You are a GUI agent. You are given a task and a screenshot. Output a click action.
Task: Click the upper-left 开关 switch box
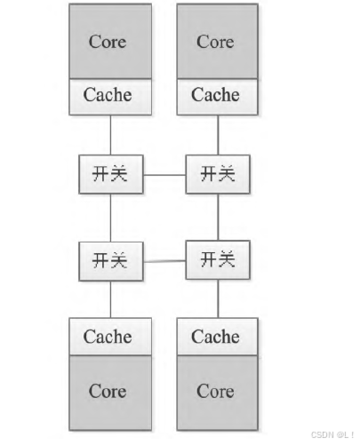click(x=110, y=174)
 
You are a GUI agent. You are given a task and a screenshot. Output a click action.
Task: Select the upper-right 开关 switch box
click(x=218, y=174)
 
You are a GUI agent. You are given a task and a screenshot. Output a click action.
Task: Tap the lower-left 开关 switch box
click(x=110, y=260)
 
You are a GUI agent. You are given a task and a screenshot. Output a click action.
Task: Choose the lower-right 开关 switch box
click(x=218, y=260)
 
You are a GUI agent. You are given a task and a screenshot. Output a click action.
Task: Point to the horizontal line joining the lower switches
click(x=164, y=261)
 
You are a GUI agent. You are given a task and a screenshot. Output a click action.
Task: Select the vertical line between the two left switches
click(x=110, y=217)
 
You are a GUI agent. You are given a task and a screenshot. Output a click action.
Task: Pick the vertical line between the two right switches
click(x=218, y=217)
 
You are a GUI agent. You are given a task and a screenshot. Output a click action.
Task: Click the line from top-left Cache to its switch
click(x=110, y=134)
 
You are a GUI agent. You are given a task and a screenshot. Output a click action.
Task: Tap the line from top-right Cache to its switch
click(x=218, y=134)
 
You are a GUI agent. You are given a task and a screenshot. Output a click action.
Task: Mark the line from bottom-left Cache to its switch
click(x=110, y=300)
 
